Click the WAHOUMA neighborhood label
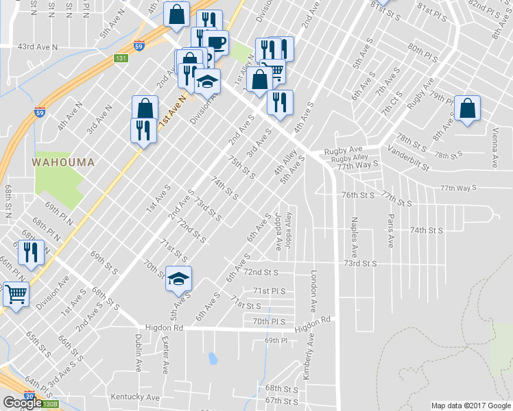(62, 162)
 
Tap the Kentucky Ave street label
(135, 397)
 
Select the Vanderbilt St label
(407, 157)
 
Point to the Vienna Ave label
(494, 147)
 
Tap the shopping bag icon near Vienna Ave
(467, 108)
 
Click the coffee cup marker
(216, 42)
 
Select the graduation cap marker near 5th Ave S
(179, 279)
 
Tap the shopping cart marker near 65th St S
(15, 295)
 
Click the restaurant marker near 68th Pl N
(31, 252)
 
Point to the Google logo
(23, 403)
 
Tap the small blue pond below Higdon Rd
(213, 358)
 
